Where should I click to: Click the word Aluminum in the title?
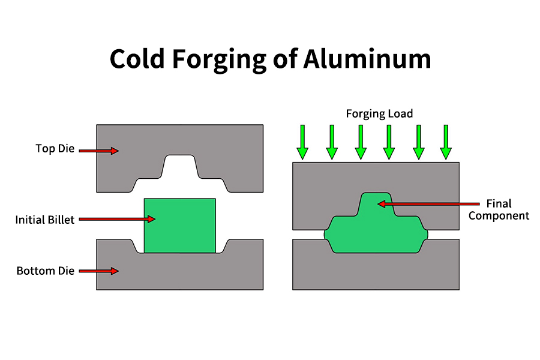[x=367, y=59]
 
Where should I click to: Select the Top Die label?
[x=55, y=149]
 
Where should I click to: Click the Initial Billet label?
[x=45, y=220]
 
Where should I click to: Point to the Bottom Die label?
[x=46, y=271]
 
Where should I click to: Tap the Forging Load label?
[x=379, y=113]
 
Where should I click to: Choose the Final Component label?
[x=499, y=209]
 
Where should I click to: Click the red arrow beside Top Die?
[x=98, y=151]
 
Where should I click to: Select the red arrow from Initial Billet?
[x=117, y=219]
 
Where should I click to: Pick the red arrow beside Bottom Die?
[x=98, y=271]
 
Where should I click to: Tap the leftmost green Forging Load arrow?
[x=302, y=142]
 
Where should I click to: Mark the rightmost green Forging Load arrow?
[x=445, y=142]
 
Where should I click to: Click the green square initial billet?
[x=179, y=226]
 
